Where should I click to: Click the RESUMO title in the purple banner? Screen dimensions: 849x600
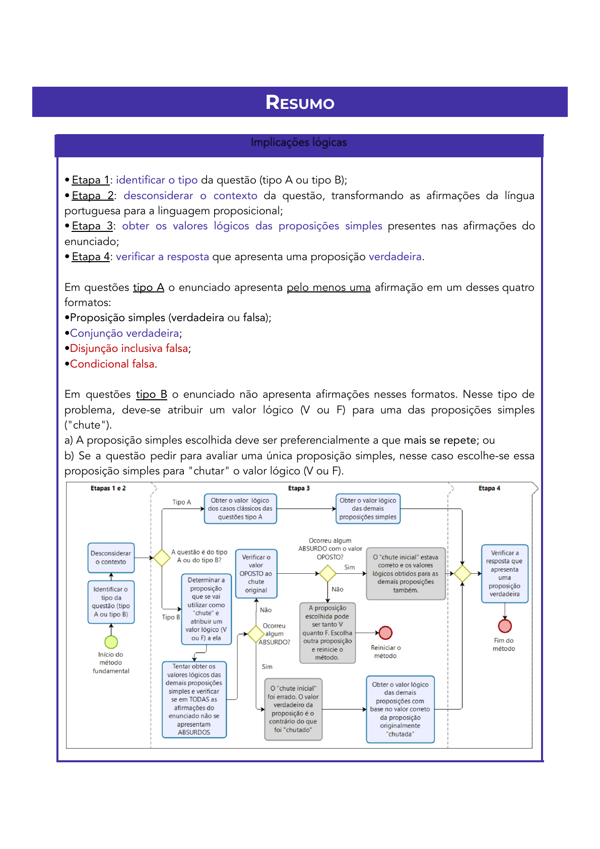click(300, 102)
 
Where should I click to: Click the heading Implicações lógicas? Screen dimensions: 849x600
click(299, 143)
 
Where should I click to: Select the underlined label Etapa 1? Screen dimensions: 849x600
click(91, 180)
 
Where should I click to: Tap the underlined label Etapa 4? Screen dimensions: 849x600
click(91, 257)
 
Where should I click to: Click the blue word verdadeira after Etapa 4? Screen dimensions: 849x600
click(395, 257)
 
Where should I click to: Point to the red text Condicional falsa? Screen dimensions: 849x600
click(112, 364)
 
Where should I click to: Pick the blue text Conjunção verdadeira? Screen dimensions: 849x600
click(124, 333)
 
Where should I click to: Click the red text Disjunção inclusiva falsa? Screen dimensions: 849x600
click(129, 348)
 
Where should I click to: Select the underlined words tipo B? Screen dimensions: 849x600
click(151, 394)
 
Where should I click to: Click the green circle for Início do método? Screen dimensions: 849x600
click(111, 642)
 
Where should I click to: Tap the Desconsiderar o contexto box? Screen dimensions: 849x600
click(111, 558)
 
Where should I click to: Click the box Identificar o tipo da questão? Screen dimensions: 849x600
click(111, 602)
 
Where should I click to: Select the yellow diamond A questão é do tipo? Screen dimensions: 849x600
click(162, 558)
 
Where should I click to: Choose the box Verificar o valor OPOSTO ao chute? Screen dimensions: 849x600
click(256, 573)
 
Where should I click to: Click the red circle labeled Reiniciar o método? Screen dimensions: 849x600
click(385, 633)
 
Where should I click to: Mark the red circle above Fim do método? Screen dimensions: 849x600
click(505, 626)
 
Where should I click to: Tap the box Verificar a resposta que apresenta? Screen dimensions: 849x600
click(505, 573)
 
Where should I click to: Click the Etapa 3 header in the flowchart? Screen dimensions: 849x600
click(299, 488)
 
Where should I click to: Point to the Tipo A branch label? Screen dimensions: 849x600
click(182, 502)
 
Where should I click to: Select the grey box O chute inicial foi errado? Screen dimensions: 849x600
click(293, 709)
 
